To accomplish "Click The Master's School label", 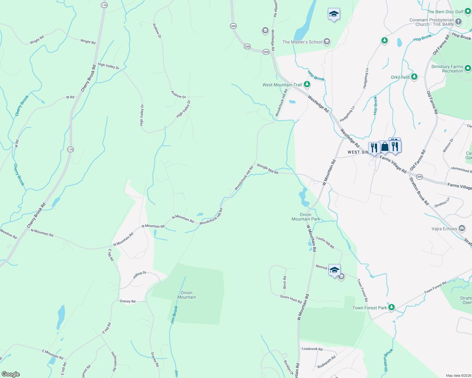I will click(x=302, y=42).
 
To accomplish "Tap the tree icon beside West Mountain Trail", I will click(x=307, y=84).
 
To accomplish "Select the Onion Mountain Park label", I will click(x=305, y=217).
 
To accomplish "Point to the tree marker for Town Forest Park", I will click(x=391, y=307).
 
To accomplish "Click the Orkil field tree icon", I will click(x=414, y=77).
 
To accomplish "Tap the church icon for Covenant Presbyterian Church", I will click(x=458, y=22).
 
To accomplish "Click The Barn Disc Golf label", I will click(x=445, y=12).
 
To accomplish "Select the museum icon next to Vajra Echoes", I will click(x=462, y=228).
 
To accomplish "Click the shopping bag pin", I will click(x=384, y=147).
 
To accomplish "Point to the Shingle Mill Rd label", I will click(x=268, y=169).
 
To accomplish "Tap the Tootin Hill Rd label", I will click(x=325, y=243).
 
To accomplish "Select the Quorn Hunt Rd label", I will click(x=291, y=299).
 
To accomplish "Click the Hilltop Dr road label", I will click(x=140, y=275).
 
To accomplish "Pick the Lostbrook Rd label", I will click(x=312, y=349).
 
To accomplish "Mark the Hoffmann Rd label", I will click(x=115, y=361).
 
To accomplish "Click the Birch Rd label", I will click(x=285, y=283).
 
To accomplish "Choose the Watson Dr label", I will click(x=448, y=146).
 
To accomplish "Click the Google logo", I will click(x=11, y=374).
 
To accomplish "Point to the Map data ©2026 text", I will click(x=458, y=375).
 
